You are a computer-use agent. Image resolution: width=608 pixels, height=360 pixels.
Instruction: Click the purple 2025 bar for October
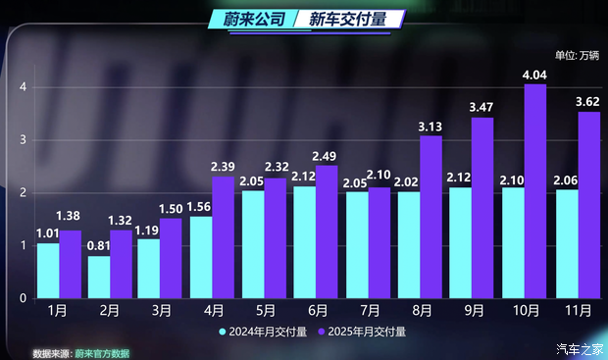pos(535,191)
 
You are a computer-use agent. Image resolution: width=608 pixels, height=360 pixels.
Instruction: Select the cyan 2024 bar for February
pos(98,277)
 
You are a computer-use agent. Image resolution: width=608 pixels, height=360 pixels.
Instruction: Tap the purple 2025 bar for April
pos(224,237)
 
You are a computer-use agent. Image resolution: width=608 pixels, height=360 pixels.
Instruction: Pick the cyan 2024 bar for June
pos(303,242)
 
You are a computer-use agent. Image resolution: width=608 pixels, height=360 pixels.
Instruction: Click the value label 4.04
pos(535,75)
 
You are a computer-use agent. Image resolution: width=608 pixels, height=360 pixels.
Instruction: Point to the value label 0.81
pos(98,246)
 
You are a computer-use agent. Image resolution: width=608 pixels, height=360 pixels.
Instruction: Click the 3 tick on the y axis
pos(22,140)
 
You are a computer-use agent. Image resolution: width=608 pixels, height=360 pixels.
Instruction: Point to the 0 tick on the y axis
pos(22,297)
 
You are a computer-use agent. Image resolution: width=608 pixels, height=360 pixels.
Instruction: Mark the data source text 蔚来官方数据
pos(102,353)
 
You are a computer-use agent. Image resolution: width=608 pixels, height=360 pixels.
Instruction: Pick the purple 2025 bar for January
pos(70,264)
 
